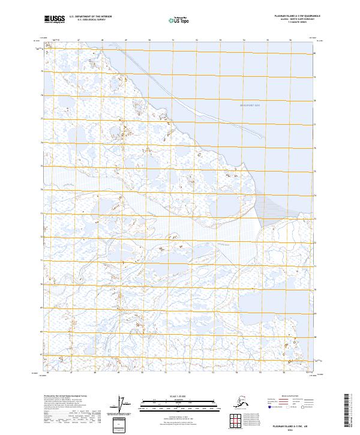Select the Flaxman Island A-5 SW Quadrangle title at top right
(x=284, y=16)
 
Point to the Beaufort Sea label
(x=241, y=106)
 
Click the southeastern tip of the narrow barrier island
(x=263, y=137)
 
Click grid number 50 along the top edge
(x=149, y=41)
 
